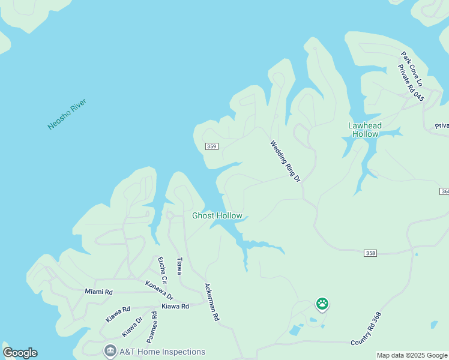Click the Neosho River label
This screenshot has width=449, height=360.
[x=67, y=114]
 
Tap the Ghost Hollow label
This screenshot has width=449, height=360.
[x=217, y=216]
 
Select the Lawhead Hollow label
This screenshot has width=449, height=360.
[x=364, y=130]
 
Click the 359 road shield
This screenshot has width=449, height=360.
[x=211, y=146]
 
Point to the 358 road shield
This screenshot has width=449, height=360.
[x=370, y=253]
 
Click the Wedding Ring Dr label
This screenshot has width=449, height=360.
[x=285, y=161]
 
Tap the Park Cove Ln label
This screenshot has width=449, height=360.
[x=412, y=68]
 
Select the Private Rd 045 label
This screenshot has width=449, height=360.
[x=411, y=84]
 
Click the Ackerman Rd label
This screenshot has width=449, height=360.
[x=211, y=302]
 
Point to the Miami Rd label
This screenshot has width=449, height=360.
[x=98, y=292]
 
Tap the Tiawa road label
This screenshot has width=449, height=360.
[x=179, y=266]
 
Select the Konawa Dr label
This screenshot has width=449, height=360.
[x=159, y=290]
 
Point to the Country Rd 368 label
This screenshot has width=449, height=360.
[x=366, y=328]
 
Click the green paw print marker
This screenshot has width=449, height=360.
[x=322, y=304]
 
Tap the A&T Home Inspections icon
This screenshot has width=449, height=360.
[x=110, y=351]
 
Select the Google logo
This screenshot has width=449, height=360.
[x=20, y=353]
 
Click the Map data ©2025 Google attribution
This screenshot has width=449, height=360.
[x=411, y=355]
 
